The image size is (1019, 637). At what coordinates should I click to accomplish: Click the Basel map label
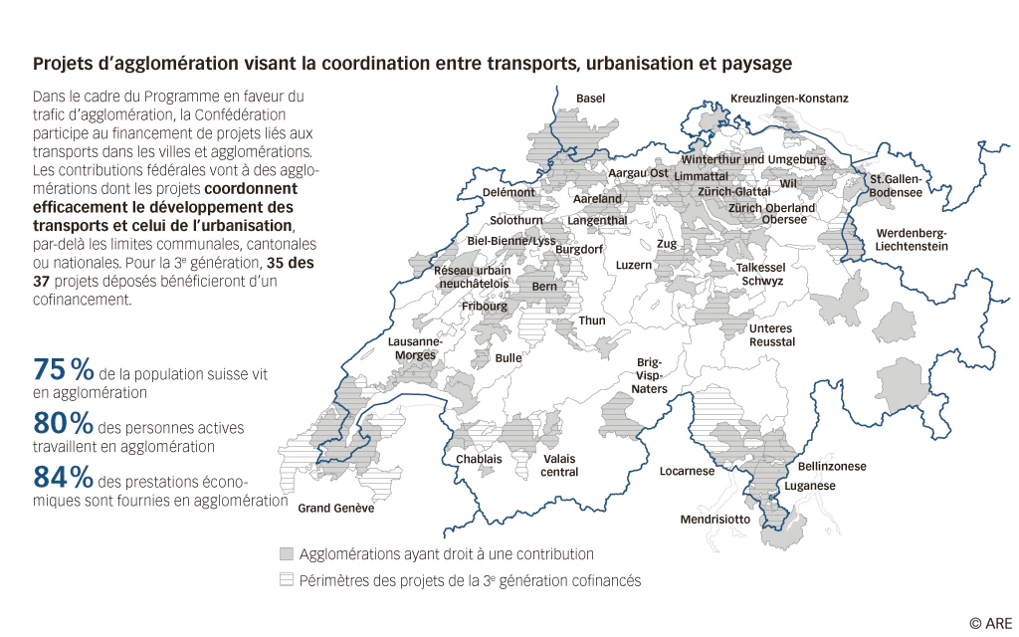(590, 99)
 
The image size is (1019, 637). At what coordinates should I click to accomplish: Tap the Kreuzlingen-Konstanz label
(789, 99)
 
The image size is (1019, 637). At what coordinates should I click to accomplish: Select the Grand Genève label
(336, 509)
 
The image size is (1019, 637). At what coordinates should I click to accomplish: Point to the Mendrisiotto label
(715, 520)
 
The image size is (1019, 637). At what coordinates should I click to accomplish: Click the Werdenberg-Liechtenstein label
(912, 239)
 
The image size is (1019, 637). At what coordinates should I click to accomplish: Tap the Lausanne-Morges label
(415, 347)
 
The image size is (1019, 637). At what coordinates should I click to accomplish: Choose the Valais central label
(559, 465)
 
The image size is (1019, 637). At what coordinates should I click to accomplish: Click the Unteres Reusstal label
(771, 334)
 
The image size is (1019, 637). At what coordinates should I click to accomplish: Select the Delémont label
(509, 192)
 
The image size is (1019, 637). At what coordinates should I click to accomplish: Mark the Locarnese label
(687, 471)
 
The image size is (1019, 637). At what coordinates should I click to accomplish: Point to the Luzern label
(634, 265)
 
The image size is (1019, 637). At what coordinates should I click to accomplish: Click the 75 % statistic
(64, 369)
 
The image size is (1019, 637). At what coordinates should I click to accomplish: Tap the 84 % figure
(64, 477)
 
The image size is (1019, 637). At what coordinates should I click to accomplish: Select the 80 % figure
(64, 423)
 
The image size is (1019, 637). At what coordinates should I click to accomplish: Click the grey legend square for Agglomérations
(288, 553)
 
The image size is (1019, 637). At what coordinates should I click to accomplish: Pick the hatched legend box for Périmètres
(288, 579)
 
